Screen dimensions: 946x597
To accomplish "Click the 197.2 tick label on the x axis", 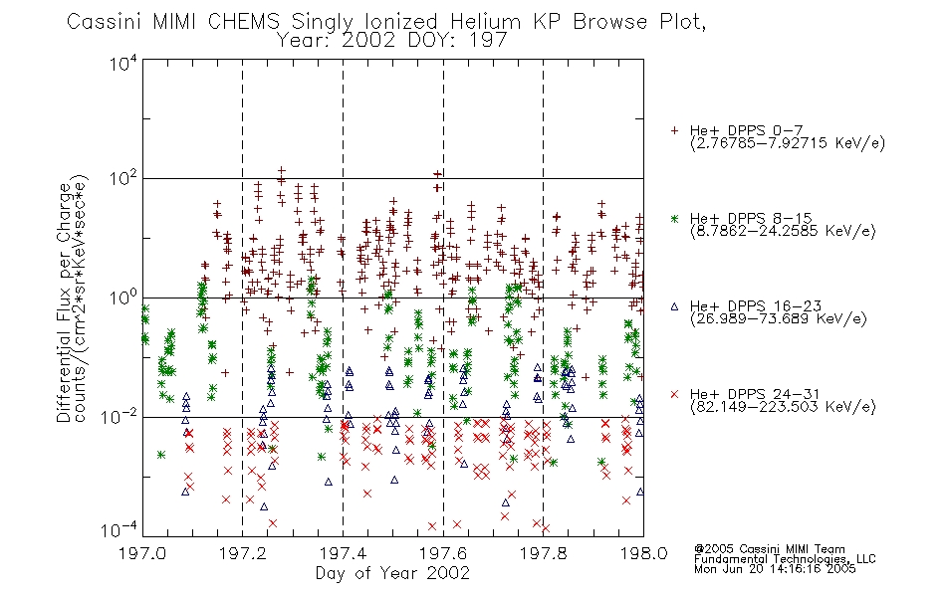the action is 243,553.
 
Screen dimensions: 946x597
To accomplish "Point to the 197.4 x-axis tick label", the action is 344,553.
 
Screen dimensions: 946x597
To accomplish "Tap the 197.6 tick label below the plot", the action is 443,553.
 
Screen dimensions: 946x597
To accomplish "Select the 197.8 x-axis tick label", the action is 544,553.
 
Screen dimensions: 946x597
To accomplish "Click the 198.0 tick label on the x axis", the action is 643,553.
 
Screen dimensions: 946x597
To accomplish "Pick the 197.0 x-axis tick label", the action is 142,553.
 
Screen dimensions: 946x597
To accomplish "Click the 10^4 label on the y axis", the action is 123,63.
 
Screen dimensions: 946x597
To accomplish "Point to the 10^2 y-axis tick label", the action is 123,179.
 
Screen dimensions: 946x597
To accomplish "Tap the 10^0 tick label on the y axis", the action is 123,298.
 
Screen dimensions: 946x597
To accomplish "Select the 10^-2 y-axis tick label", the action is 119,417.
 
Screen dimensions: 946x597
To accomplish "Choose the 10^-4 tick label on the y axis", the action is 119,529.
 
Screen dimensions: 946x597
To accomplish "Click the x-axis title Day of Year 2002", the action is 392,573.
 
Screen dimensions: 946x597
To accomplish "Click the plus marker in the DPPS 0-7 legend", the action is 674,130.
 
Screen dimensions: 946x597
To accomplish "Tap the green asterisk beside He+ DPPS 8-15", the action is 674,218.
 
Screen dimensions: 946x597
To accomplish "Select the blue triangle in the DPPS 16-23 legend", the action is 674,306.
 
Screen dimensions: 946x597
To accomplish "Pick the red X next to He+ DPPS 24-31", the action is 674,394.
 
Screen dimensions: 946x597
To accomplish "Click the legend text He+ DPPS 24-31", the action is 755,394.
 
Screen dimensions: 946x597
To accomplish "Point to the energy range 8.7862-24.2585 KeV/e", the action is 783,231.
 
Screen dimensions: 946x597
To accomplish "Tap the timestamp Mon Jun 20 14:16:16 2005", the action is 775,569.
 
